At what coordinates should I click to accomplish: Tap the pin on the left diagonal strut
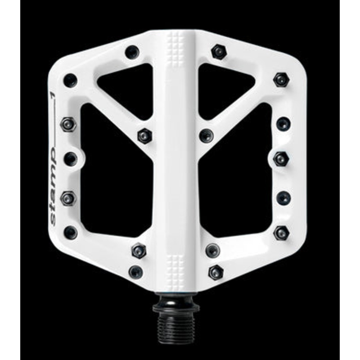144,135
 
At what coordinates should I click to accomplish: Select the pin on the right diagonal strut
206,134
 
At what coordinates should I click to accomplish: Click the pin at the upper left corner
70,80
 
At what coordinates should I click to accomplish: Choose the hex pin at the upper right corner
281,80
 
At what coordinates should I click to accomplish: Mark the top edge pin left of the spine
132,52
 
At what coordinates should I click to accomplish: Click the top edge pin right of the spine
219,52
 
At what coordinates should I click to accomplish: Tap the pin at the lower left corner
70,232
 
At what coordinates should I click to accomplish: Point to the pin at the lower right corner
281,232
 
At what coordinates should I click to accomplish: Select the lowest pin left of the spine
135,271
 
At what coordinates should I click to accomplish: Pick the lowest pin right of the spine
216,271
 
